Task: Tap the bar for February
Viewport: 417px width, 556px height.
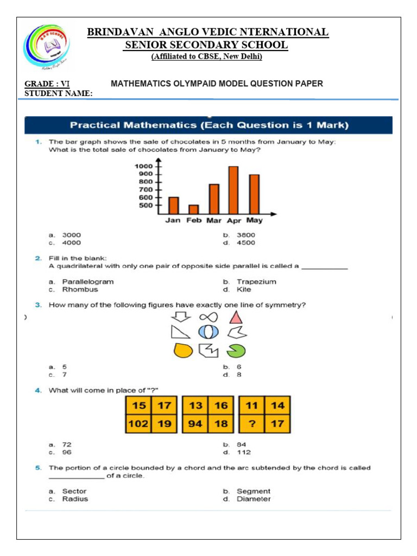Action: (194, 209)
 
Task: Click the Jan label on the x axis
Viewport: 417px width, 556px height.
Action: (173, 220)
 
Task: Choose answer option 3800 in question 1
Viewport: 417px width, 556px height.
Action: (245, 235)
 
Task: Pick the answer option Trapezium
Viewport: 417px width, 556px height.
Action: (256, 282)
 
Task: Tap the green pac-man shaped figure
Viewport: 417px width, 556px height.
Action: (236, 351)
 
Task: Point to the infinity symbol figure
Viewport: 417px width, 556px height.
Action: (208, 317)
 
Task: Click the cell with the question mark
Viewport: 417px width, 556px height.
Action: (252, 424)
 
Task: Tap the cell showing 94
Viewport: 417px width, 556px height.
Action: (195, 424)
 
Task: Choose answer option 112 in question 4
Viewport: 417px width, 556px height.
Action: (244, 452)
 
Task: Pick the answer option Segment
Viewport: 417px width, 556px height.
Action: (253, 491)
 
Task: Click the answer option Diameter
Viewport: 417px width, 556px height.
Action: (254, 499)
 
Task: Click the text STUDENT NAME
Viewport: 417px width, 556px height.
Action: (59, 93)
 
